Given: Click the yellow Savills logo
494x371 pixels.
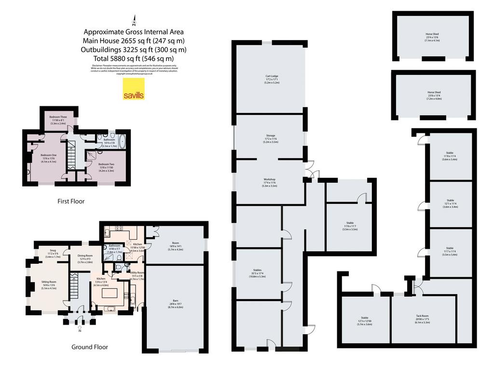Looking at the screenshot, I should [134, 88].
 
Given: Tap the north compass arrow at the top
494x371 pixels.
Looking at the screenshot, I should [135, 21].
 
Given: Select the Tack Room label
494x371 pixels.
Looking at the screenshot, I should [423, 319].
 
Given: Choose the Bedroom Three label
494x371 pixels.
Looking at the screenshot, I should [58, 119].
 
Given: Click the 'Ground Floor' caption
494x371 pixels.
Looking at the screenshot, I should [90, 347].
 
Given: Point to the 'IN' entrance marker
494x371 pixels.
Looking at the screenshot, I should [80, 331].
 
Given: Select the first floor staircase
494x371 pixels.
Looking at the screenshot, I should [72, 155].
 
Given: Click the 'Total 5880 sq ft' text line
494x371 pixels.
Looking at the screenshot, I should [135, 58].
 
